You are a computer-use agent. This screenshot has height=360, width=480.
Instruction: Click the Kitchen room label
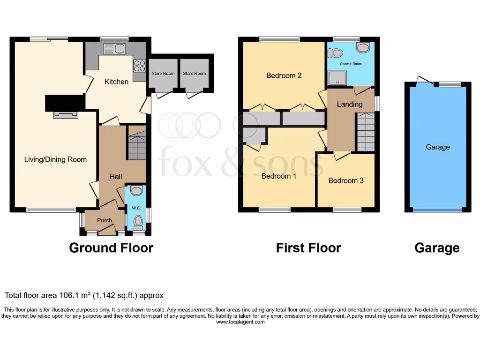tap(116, 82)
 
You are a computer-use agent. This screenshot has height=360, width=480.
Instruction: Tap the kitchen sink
tap(113, 48)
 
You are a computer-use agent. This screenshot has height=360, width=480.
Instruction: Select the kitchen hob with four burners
tap(139, 66)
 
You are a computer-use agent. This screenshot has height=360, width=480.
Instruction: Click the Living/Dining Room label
tap(55, 159)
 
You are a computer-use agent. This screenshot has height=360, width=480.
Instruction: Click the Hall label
tap(116, 176)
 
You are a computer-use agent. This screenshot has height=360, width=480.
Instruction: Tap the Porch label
tap(105, 220)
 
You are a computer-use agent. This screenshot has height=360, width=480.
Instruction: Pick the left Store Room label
tap(163, 74)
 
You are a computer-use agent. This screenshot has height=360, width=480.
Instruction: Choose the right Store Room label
tap(194, 74)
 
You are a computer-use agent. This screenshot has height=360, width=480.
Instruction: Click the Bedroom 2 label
tap(284, 75)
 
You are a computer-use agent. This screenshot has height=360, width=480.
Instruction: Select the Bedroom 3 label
tap(345, 180)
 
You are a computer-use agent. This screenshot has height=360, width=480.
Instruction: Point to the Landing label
tap(350, 104)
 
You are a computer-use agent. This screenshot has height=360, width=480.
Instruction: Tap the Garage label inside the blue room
tap(437, 147)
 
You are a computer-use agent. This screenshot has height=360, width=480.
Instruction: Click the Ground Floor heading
tap(111, 247)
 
